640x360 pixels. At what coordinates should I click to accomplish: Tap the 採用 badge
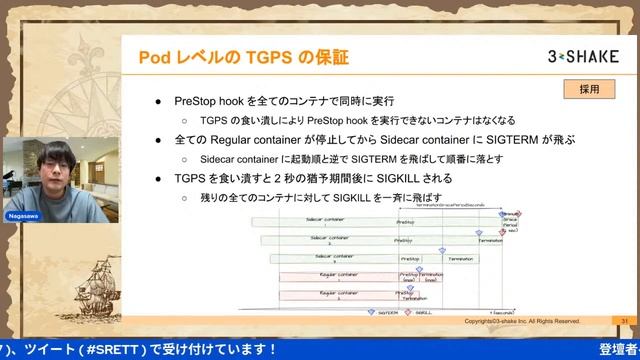(589, 89)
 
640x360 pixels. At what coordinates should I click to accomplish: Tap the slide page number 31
(624, 321)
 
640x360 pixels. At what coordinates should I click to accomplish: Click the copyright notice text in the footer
(523, 321)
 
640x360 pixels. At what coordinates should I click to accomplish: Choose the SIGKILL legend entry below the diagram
(420, 312)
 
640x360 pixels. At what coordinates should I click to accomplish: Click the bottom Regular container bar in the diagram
(338, 295)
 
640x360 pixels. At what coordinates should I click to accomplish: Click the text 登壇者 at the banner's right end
(618, 349)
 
